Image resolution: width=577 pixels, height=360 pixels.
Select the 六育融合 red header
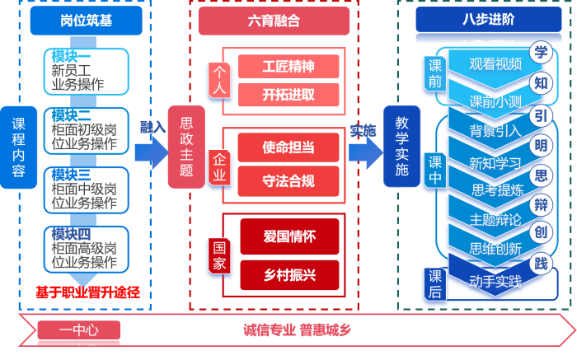point(274,21)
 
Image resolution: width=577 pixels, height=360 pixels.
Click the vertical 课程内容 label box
point(18,147)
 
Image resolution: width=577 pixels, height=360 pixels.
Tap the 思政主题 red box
point(186,147)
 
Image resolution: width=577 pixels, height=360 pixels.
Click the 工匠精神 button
point(288,67)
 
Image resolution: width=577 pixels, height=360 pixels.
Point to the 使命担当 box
point(288,148)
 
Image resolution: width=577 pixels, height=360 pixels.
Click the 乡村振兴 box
point(288,274)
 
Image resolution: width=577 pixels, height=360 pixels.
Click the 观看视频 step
point(495,64)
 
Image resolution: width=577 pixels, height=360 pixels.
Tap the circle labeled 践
point(541,263)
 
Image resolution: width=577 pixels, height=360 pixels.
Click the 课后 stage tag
point(434,283)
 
